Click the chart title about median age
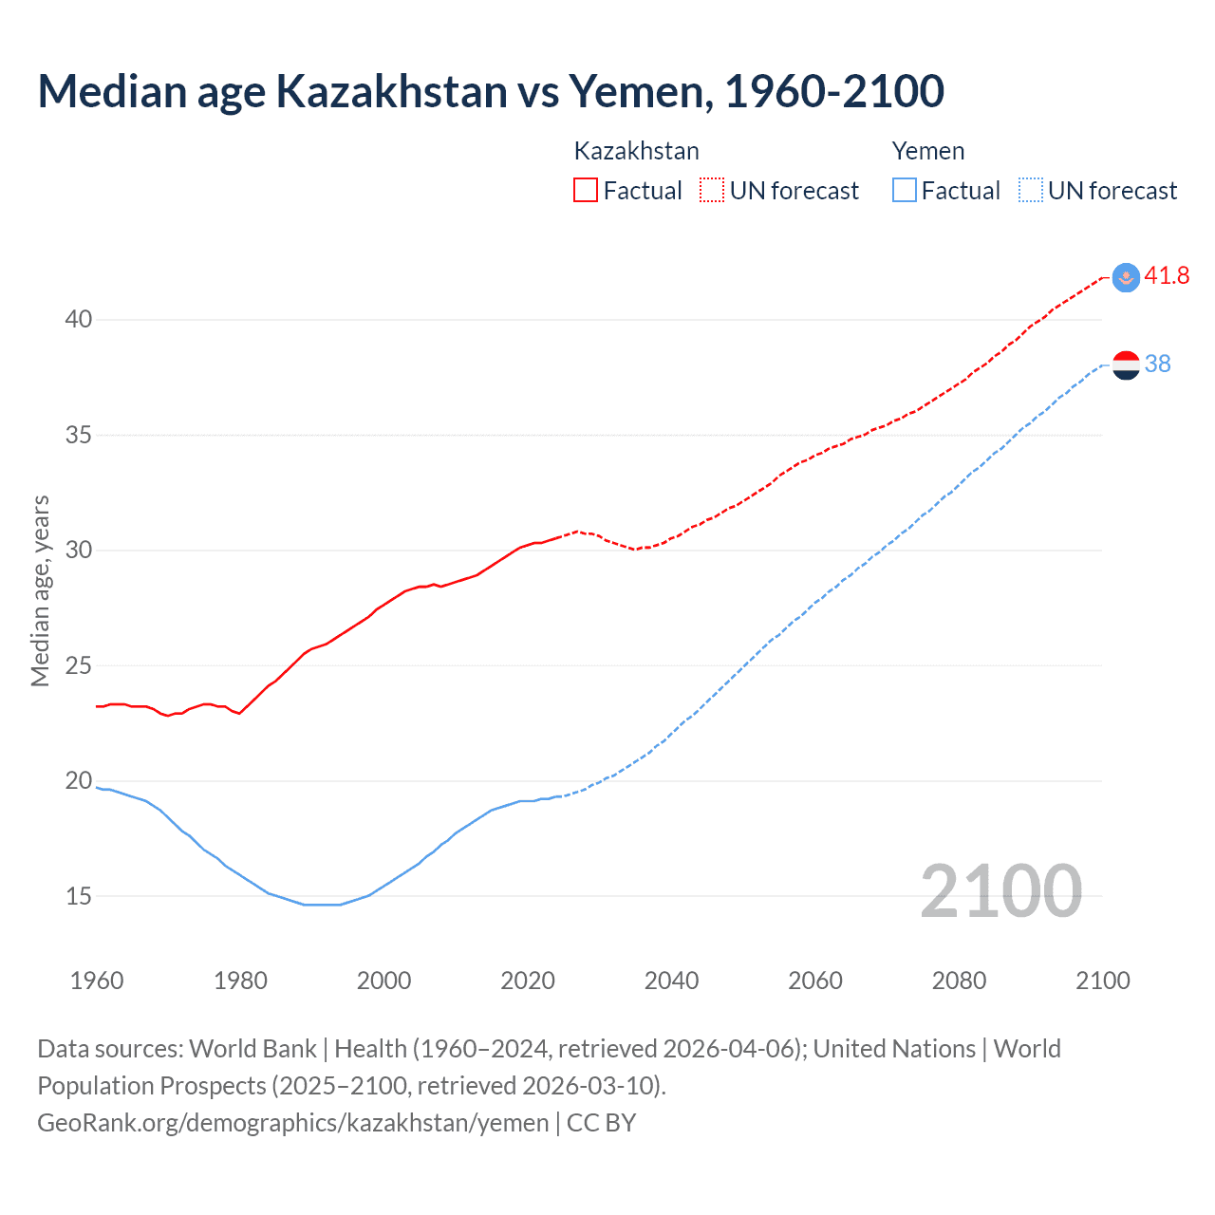(x=491, y=91)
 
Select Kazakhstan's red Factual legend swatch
(x=586, y=190)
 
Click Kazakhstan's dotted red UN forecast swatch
(x=712, y=190)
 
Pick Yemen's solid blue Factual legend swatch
(x=905, y=190)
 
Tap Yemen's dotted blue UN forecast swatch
(x=1031, y=190)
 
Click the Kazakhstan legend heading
(x=636, y=151)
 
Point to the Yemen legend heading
(x=927, y=151)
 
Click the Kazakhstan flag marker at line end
(x=1126, y=277)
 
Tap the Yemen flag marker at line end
(x=1126, y=364)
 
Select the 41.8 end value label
(x=1167, y=275)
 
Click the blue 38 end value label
(x=1158, y=364)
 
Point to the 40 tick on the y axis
(x=79, y=319)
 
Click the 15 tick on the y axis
(x=79, y=896)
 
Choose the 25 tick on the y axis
(x=79, y=665)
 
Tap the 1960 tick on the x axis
(x=97, y=981)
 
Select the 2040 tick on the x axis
(x=671, y=981)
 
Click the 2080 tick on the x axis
(x=959, y=981)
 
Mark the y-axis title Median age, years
(x=40, y=590)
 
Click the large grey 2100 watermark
(x=1000, y=890)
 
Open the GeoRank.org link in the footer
(x=292, y=1123)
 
